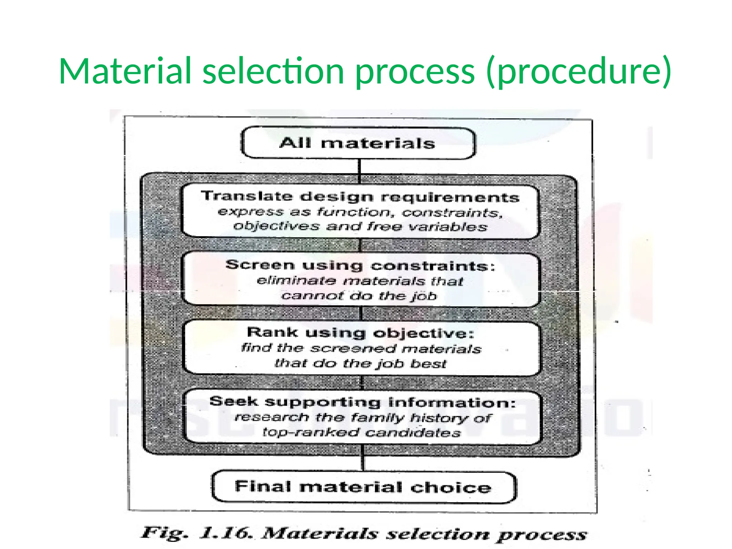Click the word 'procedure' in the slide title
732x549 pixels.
click(579, 71)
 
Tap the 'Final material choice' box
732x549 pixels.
click(363, 488)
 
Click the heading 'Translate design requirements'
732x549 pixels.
click(360, 197)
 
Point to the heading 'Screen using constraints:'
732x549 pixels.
click(360, 266)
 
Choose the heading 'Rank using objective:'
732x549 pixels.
click(360, 333)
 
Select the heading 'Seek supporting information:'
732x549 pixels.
click(362, 402)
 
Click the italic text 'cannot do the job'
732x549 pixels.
click(359, 296)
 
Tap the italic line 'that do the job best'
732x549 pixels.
click(360, 364)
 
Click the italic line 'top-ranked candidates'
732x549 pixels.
click(362, 433)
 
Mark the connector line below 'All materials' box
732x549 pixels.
click(359, 167)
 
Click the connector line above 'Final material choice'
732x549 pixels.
click(362, 463)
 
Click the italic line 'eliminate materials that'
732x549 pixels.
click(360, 281)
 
